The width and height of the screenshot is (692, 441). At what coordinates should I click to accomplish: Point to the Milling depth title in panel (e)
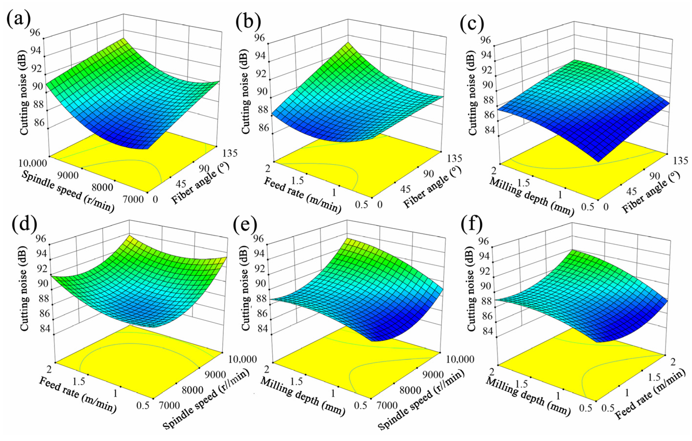point(302,396)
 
